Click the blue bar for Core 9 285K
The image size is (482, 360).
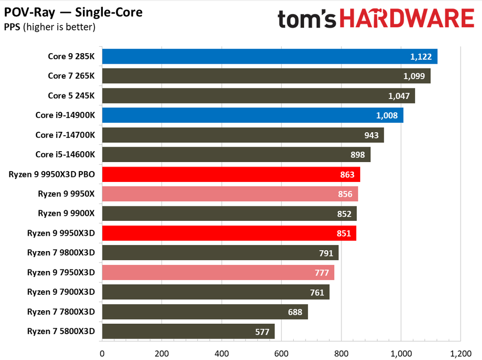pyautogui.click(x=269, y=57)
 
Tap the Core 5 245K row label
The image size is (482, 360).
pyautogui.click(x=71, y=95)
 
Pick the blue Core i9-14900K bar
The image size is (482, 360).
pyautogui.click(x=252, y=115)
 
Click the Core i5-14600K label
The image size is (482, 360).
pyautogui.click(x=65, y=155)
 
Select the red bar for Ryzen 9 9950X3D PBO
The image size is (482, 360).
pyautogui.click(x=230, y=175)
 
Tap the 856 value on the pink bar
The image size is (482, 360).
pyautogui.click(x=345, y=194)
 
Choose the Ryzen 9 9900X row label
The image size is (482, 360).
pyautogui.click(x=66, y=213)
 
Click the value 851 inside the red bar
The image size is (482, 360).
pyautogui.click(x=343, y=233)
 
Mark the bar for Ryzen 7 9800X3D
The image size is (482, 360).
pyautogui.click(x=220, y=253)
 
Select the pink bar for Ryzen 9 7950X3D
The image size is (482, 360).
pyautogui.click(x=218, y=272)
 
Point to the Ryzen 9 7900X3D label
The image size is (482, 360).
pyautogui.click(x=61, y=292)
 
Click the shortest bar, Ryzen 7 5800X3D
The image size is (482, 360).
pyautogui.click(x=188, y=331)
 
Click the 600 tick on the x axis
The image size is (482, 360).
pyautogui.click(x=281, y=354)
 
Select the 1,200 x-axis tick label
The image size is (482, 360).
pyautogui.click(x=460, y=354)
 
